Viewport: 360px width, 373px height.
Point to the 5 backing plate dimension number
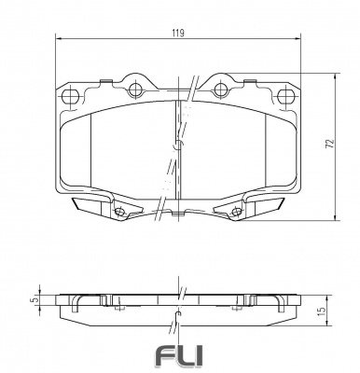(x=34, y=300)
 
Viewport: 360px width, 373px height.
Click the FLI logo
(x=179, y=356)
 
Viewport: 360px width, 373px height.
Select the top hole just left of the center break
(x=135, y=90)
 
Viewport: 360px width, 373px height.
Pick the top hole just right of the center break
(x=222, y=90)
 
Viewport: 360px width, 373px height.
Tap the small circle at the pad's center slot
(x=177, y=145)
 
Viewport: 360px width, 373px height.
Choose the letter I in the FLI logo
(x=199, y=356)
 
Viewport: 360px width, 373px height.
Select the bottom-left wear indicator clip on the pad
(x=94, y=205)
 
